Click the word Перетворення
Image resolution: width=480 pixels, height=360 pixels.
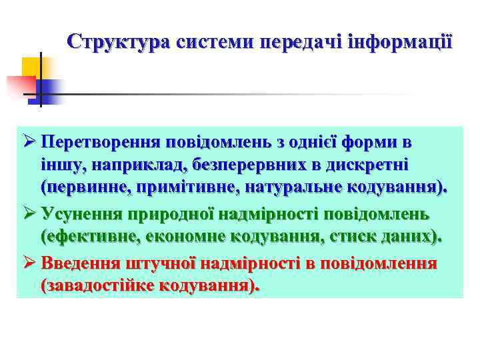101,142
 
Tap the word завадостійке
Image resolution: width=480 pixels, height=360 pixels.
105,285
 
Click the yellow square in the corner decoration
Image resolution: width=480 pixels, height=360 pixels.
31,67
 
